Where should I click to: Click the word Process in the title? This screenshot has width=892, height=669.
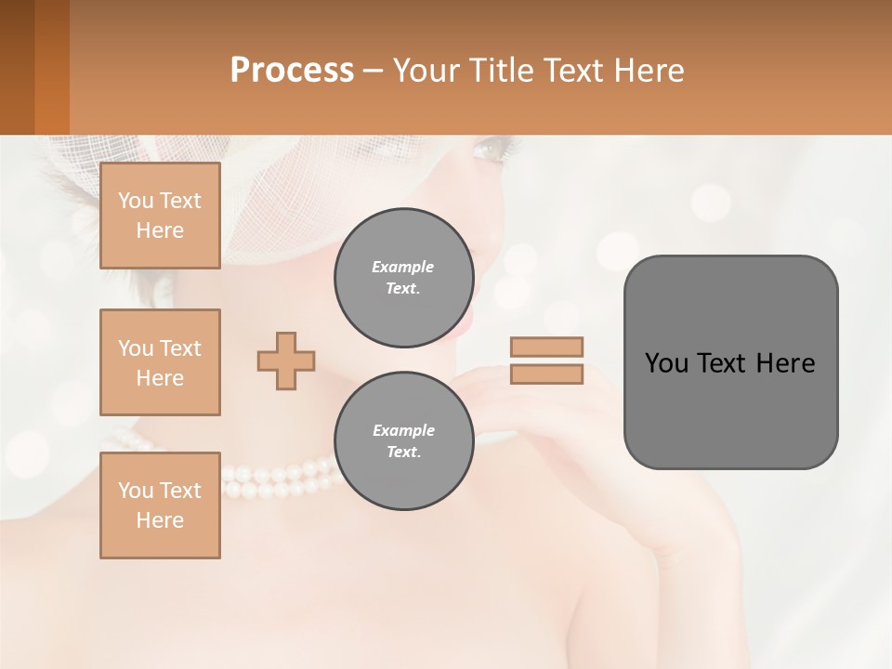[x=292, y=70]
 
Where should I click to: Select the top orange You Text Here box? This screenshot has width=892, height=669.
[x=160, y=216]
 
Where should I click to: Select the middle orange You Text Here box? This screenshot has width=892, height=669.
[x=160, y=362]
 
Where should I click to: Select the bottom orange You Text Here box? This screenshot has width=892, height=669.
[x=160, y=505]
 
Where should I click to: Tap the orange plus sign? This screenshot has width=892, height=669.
[x=286, y=361]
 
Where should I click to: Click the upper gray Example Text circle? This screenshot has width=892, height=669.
[x=403, y=278]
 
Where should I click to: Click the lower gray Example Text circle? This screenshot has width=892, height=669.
[x=403, y=441]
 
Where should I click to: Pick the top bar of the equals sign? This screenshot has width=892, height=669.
[x=546, y=347]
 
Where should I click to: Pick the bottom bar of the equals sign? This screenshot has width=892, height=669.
[x=546, y=374]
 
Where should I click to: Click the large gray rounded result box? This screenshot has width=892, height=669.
[x=730, y=409]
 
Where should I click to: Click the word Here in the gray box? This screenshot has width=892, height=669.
[x=785, y=362]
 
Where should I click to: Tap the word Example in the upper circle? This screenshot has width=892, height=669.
[x=403, y=267]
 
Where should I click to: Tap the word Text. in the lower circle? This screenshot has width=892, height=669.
[x=403, y=452]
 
